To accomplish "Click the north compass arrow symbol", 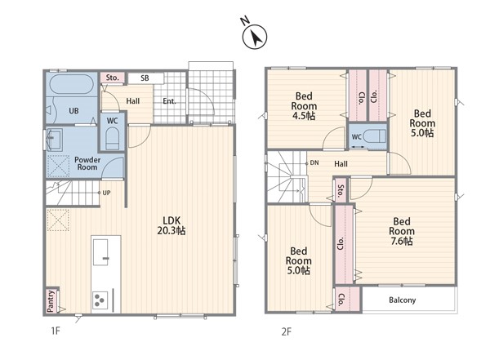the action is pos(255,37).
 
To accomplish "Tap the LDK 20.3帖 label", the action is pos(171,225).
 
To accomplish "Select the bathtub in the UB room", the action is pos(72,84).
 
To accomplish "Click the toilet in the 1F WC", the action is pos(112,139).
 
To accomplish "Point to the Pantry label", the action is pos(51,300).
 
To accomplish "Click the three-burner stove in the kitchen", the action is pos(100,300).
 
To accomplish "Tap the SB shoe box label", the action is pos(145,78).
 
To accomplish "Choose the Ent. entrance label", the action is pos(169,101).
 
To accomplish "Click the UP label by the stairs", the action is pos(106,193).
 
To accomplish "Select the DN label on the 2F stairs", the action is pos(314,162).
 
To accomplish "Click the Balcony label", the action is pos(402,300).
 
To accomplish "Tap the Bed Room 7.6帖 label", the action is pos(402,231).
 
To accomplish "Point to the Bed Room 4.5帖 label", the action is pos(304,106).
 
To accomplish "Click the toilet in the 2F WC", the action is pos(375,136).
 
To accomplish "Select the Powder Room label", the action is pos(87,163).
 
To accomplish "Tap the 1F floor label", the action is pos(56,331).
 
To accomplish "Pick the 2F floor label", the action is pos(287,331).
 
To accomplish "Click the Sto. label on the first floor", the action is pos(112,78).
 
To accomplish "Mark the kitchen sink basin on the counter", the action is pos(100,252).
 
